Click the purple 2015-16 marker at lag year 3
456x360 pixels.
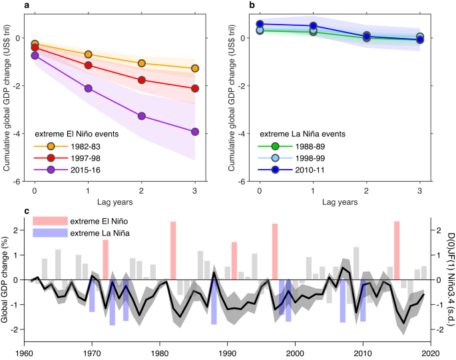click(195, 132)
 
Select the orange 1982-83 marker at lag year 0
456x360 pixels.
click(35, 44)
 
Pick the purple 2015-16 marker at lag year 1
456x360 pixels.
click(89, 89)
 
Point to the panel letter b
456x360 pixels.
click(252, 5)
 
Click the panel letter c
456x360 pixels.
click(26, 212)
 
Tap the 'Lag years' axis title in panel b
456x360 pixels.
click(340, 202)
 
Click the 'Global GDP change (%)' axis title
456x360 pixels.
click(7, 279)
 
